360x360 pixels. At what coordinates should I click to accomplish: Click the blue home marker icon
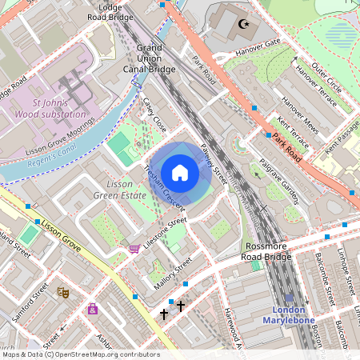180,173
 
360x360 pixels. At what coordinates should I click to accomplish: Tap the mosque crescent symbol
242,23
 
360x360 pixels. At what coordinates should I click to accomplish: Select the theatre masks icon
62,293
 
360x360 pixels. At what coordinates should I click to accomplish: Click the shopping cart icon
133,249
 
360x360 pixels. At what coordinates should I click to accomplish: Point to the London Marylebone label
290,314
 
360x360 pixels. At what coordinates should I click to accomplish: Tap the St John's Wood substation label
58,109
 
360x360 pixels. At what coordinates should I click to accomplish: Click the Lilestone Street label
163,230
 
